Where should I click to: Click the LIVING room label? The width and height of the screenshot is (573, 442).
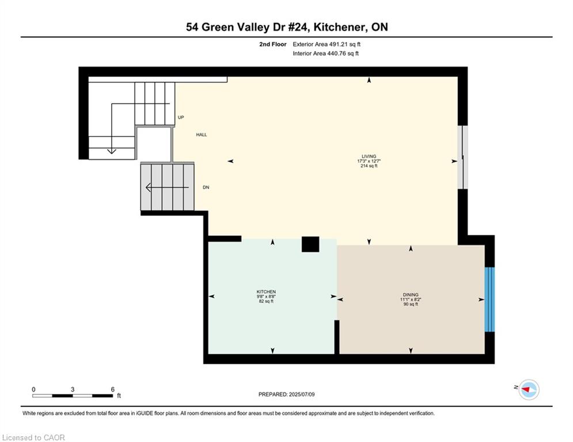[x=369, y=157]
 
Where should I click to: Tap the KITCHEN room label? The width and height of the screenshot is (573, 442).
[x=266, y=291]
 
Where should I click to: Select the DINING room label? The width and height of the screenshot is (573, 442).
[x=411, y=295]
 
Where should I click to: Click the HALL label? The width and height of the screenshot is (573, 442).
[x=202, y=135]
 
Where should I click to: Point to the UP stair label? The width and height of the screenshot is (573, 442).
[x=181, y=117]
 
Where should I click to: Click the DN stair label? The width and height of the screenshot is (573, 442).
[x=206, y=188]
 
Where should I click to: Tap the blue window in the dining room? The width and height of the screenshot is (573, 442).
[x=489, y=299]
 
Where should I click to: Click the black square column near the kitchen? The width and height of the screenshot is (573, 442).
[x=310, y=244]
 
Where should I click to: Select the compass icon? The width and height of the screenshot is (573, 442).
[x=529, y=390]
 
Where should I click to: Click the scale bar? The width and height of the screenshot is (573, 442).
[x=73, y=395]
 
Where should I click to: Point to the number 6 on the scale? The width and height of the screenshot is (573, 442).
[x=112, y=390]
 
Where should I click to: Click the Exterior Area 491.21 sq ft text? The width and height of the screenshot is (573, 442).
[x=327, y=44]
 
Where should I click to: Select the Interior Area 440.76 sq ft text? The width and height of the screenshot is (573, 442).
[x=325, y=54]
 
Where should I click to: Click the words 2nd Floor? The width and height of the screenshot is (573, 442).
[x=273, y=44]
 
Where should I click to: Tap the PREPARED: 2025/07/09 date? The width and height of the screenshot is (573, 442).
[x=287, y=394]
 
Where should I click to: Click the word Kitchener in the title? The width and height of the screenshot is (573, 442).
[x=340, y=27]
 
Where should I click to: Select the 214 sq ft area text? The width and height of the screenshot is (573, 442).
[x=369, y=166]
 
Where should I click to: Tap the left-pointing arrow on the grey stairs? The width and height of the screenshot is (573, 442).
[x=167, y=188]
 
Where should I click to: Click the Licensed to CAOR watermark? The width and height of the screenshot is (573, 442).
[x=33, y=437]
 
